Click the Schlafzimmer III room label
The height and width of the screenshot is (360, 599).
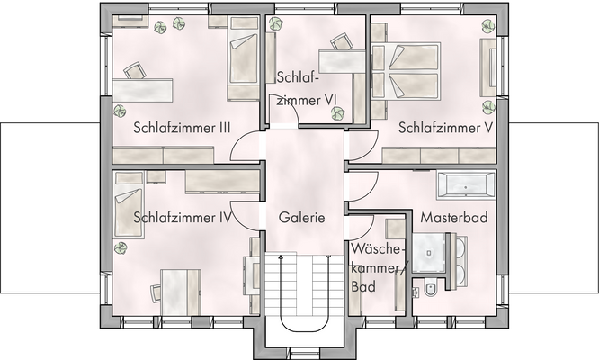(182, 128)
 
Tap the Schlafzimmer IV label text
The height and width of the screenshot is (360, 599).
(183, 217)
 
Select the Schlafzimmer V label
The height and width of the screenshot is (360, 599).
(446, 128)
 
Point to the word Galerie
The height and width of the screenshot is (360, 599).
(301, 217)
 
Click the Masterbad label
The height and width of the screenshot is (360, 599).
(452, 217)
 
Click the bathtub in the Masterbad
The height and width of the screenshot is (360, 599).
(464, 185)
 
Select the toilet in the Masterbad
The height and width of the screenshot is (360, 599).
(431, 289)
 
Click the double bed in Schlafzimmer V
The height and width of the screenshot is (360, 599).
(409, 71)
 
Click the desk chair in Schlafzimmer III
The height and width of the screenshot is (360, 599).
(135, 71)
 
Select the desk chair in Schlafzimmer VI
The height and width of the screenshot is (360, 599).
(340, 41)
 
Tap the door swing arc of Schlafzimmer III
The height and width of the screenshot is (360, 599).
(243, 147)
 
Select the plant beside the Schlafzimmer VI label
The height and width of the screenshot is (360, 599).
(338, 112)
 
